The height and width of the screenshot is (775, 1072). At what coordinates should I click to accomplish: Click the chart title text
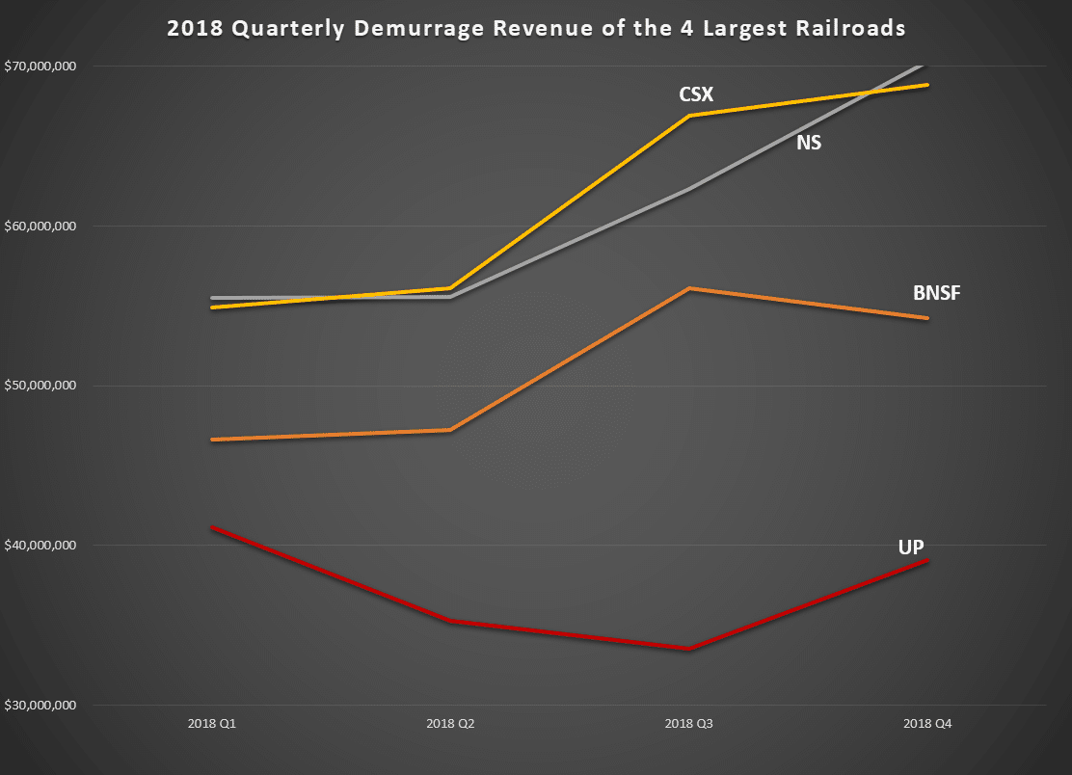pos(536,29)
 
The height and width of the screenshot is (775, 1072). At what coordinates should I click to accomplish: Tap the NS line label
pos(809,144)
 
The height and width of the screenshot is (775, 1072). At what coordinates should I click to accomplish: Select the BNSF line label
pos(936,293)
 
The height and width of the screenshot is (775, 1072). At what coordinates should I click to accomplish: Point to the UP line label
pos(911,547)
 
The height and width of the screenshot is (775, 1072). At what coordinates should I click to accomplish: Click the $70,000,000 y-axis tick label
pos(40,67)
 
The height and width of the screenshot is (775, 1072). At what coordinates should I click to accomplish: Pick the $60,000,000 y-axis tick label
pos(40,227)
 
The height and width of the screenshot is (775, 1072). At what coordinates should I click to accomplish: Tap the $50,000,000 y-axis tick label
pos(40,386)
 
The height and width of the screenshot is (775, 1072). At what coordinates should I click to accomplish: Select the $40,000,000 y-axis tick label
pos(40,546)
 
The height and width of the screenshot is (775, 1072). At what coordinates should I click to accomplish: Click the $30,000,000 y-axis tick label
pos(40,706)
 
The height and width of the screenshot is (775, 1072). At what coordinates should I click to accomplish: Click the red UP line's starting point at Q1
pos(212,527)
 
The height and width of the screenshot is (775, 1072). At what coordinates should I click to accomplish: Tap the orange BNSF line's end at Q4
pos(927,318)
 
